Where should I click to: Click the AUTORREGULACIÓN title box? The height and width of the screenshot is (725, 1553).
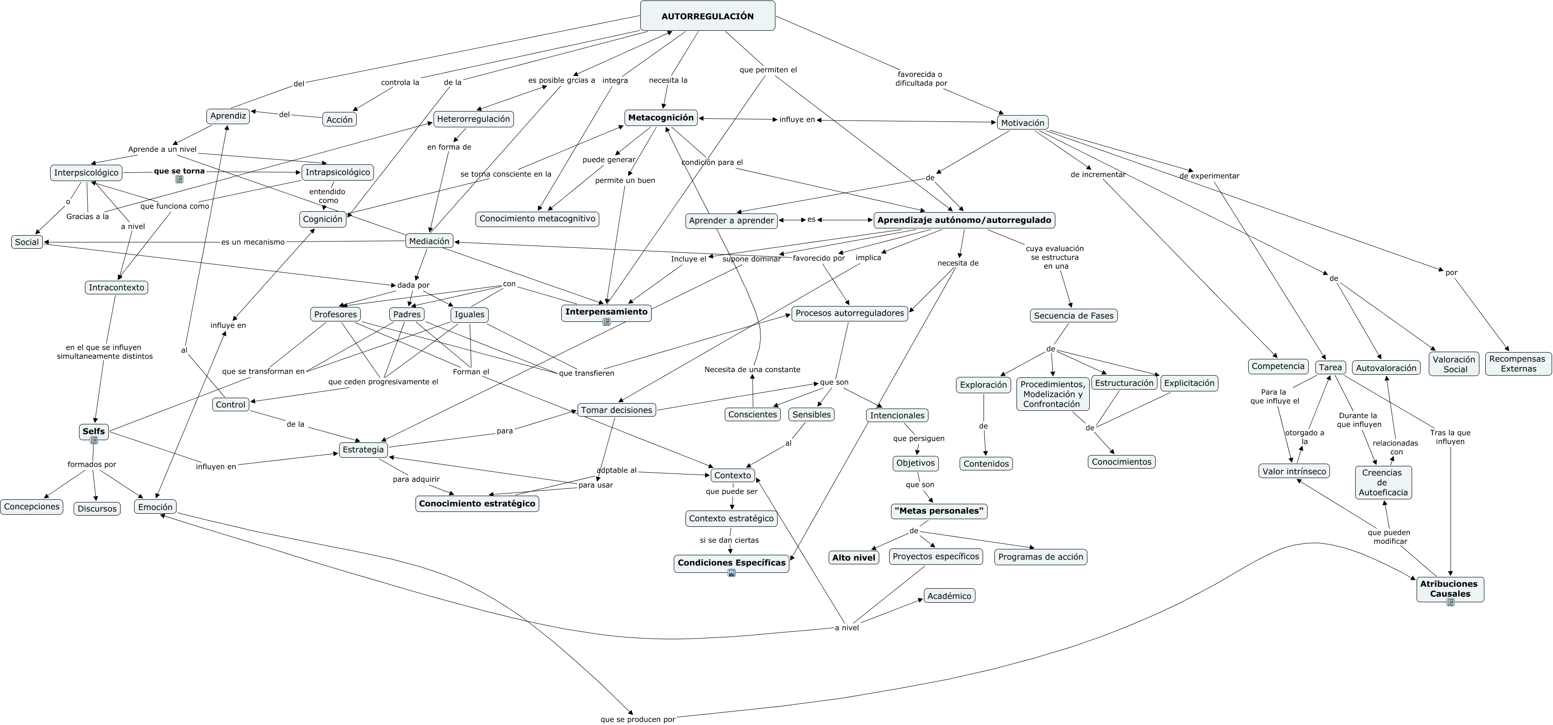point(707,16)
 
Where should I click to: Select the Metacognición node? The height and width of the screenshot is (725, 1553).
point(661,117)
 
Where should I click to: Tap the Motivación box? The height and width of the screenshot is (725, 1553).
point(1022,123)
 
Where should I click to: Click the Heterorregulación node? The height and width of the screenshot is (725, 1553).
point(473,119)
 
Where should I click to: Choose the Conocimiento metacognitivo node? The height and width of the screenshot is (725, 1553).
point(537,219)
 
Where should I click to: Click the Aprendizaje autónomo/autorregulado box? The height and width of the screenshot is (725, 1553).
point(964,220)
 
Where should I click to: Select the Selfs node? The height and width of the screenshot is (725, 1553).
point(93,432)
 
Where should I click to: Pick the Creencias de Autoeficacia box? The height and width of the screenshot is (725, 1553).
point(1383,482)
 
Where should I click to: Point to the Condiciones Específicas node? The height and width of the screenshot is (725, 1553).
point(731,563)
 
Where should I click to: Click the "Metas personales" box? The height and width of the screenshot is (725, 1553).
point(939,511)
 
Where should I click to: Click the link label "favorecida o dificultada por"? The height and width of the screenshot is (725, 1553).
point(921,79)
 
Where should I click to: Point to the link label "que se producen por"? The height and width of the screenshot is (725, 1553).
point(638,719)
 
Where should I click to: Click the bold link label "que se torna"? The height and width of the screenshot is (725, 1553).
point(179,171)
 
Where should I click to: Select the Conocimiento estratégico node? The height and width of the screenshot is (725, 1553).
point(477,504)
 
